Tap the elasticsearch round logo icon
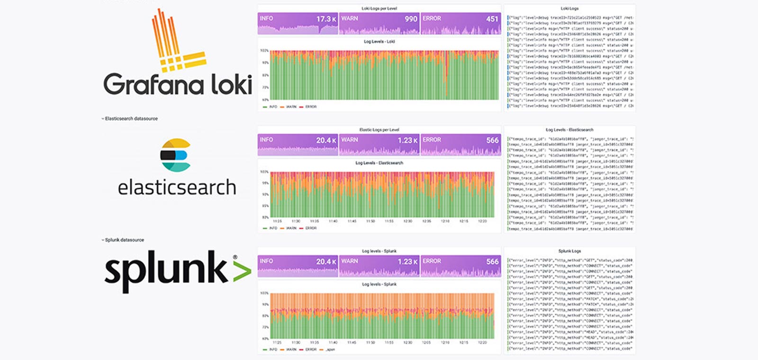pos(175,155)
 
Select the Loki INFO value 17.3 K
pos(326,19)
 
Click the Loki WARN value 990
pos(411,19)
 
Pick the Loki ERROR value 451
pos(492,19)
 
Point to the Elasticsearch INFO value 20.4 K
pos(326,141)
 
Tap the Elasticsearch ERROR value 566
pos(492,141)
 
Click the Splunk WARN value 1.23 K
pos(407,262)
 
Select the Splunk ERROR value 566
pos(492,262)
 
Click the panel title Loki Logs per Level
pos(379,9)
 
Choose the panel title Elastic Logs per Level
pos(379,130)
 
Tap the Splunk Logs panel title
pos(569,251)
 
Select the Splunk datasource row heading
pos(124,240)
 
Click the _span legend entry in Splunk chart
pos(330,350)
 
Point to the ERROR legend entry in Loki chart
pos(310,107)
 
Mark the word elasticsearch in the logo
pos(177,188)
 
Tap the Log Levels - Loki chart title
pos(379,42)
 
